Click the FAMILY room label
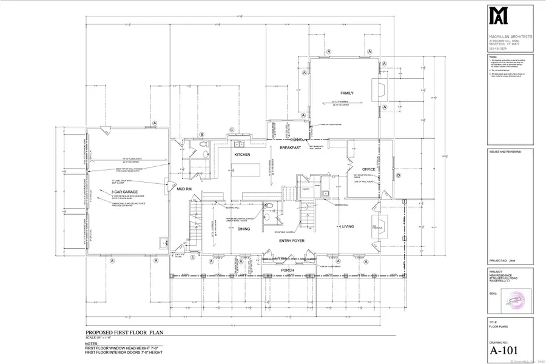347,93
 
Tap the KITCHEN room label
243,155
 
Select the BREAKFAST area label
291,147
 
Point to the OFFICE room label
369,169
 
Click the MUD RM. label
184,189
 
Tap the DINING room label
227,229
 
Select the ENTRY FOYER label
291,241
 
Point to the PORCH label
288,270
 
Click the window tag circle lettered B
201,134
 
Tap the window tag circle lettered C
232,129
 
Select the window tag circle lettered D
399,176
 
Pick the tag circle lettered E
193,258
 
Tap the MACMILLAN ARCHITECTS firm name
511,36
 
